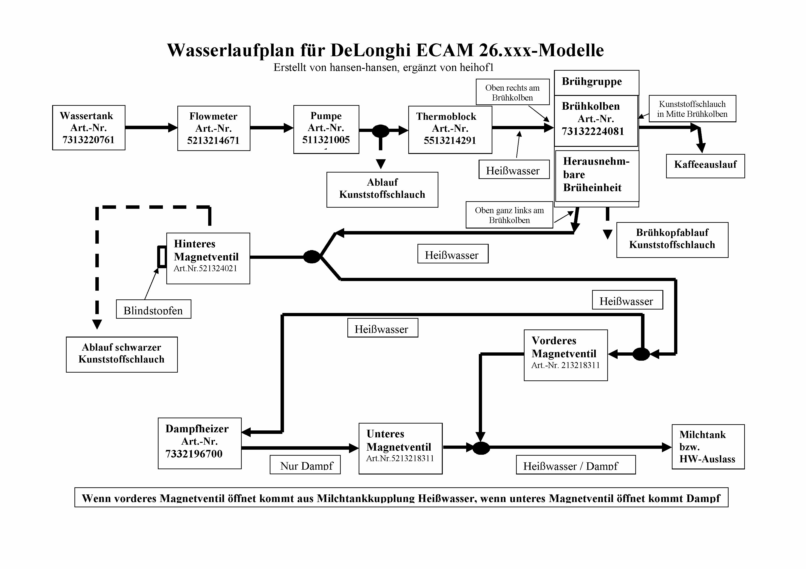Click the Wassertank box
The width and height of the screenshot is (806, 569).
(x=89, y=128)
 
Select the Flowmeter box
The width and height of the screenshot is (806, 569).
(x=214, y=128)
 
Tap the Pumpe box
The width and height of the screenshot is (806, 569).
(x=326, y=129)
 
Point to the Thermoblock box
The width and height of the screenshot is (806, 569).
(x=450, y=130)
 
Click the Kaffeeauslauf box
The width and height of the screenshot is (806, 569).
(x=705, y=166)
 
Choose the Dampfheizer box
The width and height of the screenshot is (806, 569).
(x=200, y=443)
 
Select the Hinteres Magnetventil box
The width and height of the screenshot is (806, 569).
(x=208, y=258)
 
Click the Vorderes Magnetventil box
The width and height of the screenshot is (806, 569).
(x=565, y=355)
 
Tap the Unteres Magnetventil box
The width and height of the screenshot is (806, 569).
(x=400, y=448)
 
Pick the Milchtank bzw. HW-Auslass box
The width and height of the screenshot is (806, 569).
(x=708, y=447)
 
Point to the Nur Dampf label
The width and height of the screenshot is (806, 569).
(x=305, y=465)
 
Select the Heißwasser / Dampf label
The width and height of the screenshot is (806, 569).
(x=576, y=465)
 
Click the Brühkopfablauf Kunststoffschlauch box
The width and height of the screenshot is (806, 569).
(x=672, y=240)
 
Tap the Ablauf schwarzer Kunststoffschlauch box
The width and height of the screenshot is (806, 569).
(x=122, y=354)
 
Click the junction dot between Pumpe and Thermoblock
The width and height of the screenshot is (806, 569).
(x=380, y=131)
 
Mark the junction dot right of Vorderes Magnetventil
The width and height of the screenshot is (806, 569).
(x=641, y=354)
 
